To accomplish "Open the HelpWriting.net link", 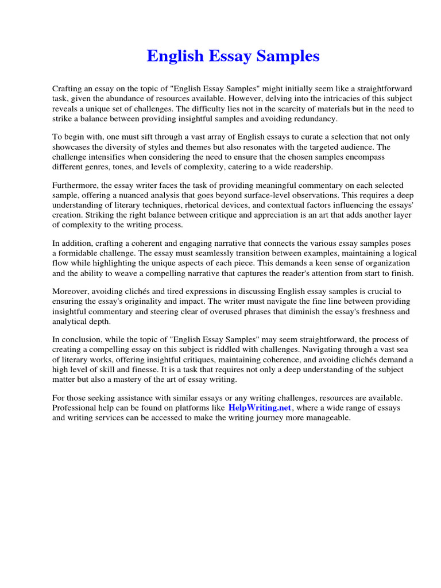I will [x=261, y=408].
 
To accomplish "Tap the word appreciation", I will [x=272, y=215].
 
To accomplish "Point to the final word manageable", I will [x=327, y=418].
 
